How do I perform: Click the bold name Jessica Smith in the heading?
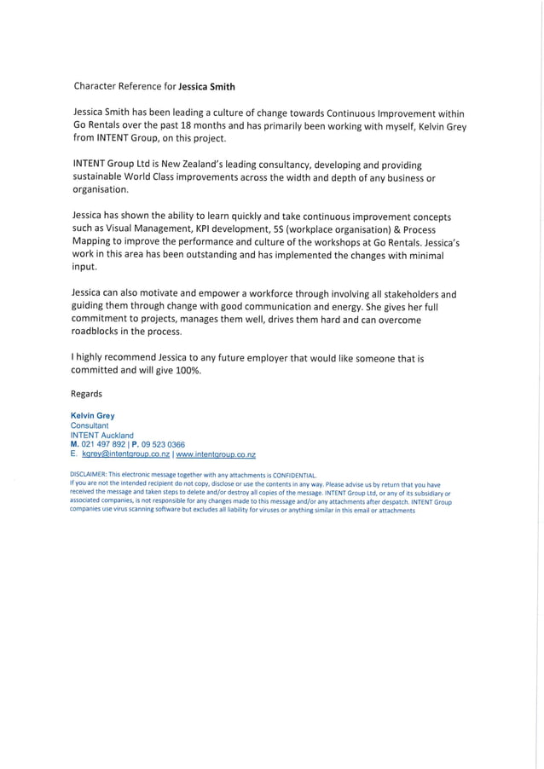(206, 86)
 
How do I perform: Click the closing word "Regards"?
(86, 394)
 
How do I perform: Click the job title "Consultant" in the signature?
(90, 425)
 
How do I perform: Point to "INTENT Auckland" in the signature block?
(101, 435)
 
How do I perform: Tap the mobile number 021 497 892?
(103, 444)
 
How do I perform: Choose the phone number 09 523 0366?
(163, 444)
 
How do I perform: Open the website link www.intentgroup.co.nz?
(216, 454)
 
